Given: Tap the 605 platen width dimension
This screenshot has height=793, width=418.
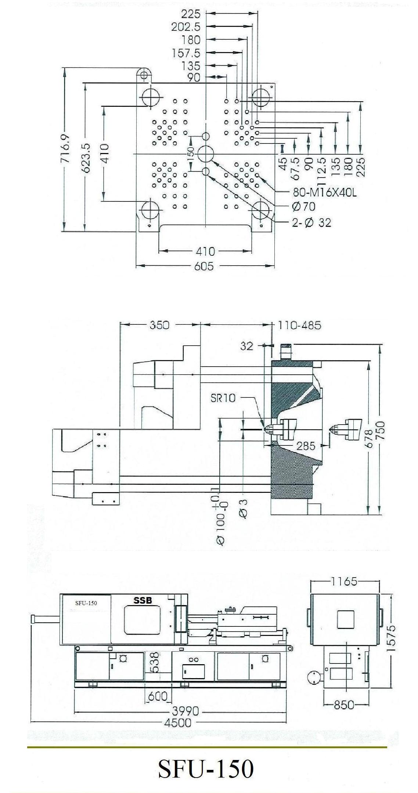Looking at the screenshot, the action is point(204,266).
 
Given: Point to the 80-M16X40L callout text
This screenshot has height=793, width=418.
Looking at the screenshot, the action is point(325,192).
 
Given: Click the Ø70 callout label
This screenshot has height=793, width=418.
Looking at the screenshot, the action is point(304,207).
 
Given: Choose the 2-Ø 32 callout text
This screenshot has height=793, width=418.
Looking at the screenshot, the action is point(311,222).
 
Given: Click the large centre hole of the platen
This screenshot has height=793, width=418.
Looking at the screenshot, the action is point(206,154).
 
